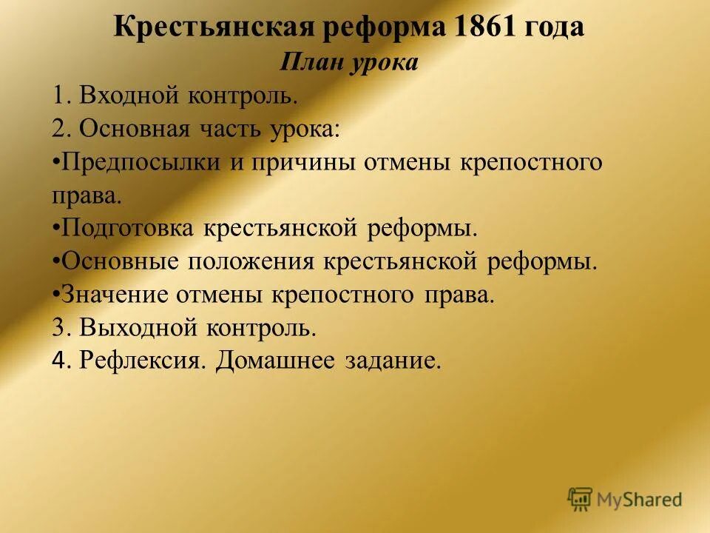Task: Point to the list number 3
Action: pyautogui.click(x=59, y=327)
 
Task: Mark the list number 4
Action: pyautogui.click(x=59, y=361)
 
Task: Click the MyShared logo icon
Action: pyautogui.click(x=581, y=500)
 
